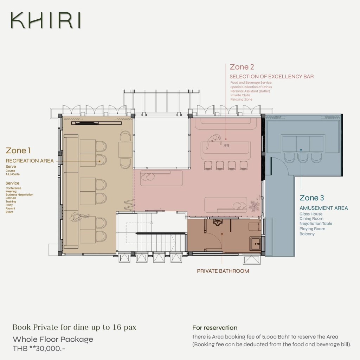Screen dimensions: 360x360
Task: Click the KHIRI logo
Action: click(46, 20)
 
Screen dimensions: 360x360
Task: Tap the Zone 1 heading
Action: click(18, 150)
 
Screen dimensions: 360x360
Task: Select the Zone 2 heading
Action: click(242, 67)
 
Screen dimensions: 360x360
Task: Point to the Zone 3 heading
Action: click(311, 198)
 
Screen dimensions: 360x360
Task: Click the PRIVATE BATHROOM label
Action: click(223, 271)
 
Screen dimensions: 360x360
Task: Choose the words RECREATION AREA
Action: click(30, 161)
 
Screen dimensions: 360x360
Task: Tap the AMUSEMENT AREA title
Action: click(324, 208)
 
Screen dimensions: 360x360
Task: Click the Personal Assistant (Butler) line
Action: click(250, 91)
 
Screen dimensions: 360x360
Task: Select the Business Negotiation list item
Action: click(19, 195)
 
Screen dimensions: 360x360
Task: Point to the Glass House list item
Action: click(311, 214)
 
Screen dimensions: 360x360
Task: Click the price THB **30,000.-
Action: click(39, 348)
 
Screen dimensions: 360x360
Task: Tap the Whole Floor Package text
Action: click(53, 339)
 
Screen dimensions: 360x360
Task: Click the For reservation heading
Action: click(215, 328)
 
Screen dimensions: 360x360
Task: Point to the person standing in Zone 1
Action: click(79, 217)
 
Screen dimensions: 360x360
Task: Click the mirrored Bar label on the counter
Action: click(226, 145)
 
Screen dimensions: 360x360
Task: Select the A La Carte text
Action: click(13, 174)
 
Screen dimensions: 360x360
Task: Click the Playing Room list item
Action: click(312, 229)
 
